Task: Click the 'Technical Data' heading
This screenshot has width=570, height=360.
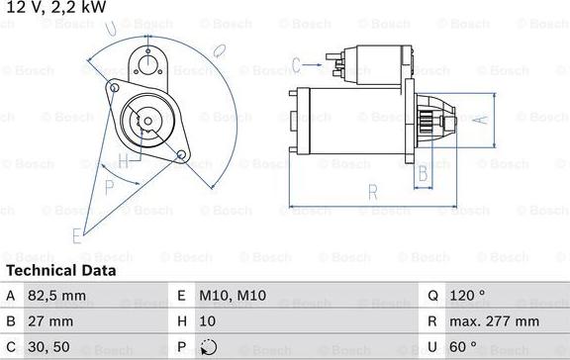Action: click(x=61, y=270)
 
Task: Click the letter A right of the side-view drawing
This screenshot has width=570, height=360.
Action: click(x=481, y=120)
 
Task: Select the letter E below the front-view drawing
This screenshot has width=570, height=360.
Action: click(x=75, y=235)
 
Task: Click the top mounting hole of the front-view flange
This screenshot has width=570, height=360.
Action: click(x=150, y=65)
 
